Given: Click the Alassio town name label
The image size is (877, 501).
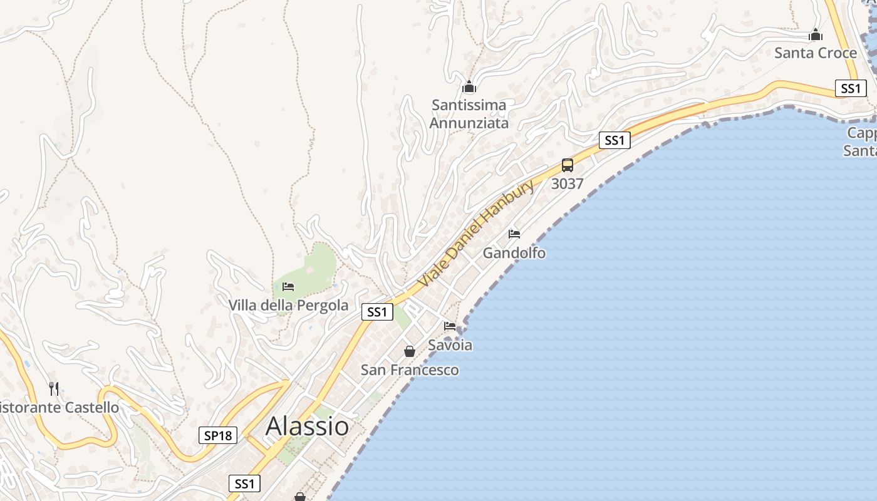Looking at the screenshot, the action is click(x=307, y=426).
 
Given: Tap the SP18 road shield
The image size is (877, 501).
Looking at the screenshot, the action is click(x=218, y=435).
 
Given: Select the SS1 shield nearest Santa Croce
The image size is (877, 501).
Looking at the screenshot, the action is click(x=851, y=88).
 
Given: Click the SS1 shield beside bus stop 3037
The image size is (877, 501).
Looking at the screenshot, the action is click(x=615, y=140).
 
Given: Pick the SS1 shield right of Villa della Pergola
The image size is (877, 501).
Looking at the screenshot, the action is click(x=377, y=312).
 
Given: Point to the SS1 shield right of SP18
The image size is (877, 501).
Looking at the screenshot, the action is click(x=244, y=483).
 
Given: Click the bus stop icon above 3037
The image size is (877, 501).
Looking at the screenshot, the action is click(x=568, y=165).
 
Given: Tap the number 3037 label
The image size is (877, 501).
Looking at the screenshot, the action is click(x=568, y=184).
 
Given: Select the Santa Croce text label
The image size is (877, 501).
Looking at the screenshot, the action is click(x=816, y=53).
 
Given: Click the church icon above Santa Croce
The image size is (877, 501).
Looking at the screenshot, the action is click(x=816, y=34).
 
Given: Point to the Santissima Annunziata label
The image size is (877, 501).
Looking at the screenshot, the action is click(x=469, y=114).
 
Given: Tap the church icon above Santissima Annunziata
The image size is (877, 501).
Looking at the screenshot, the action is click(x=469, y=87).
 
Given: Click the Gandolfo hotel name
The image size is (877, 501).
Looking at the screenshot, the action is click(x=514, y=253).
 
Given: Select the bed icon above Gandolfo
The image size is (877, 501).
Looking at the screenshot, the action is click(x=514, y=234).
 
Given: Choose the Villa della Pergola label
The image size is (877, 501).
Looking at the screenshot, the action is click(x=288, y=306).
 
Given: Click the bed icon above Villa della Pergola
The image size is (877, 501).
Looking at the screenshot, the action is click(x=288, y=287).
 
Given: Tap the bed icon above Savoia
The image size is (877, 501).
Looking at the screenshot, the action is click(x=450, y=326).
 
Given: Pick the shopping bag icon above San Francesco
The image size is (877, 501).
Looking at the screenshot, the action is click(x=410, y=351).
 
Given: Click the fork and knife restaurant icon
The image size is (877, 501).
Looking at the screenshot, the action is click(x=54, y=389).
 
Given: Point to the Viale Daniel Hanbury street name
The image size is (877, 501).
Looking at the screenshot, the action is click(x=476, y=233).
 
